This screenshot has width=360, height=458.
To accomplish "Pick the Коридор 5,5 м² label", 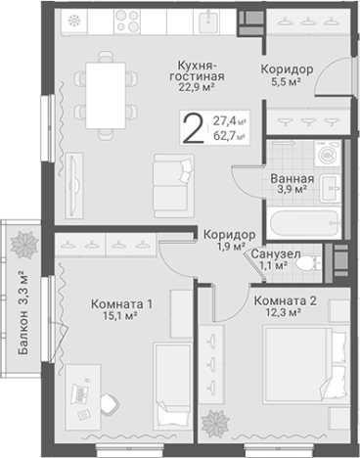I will tap(287, 70).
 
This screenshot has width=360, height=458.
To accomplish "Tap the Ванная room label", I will tap(292, 179).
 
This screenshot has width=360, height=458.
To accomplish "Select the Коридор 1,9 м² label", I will tap(230, 235).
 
